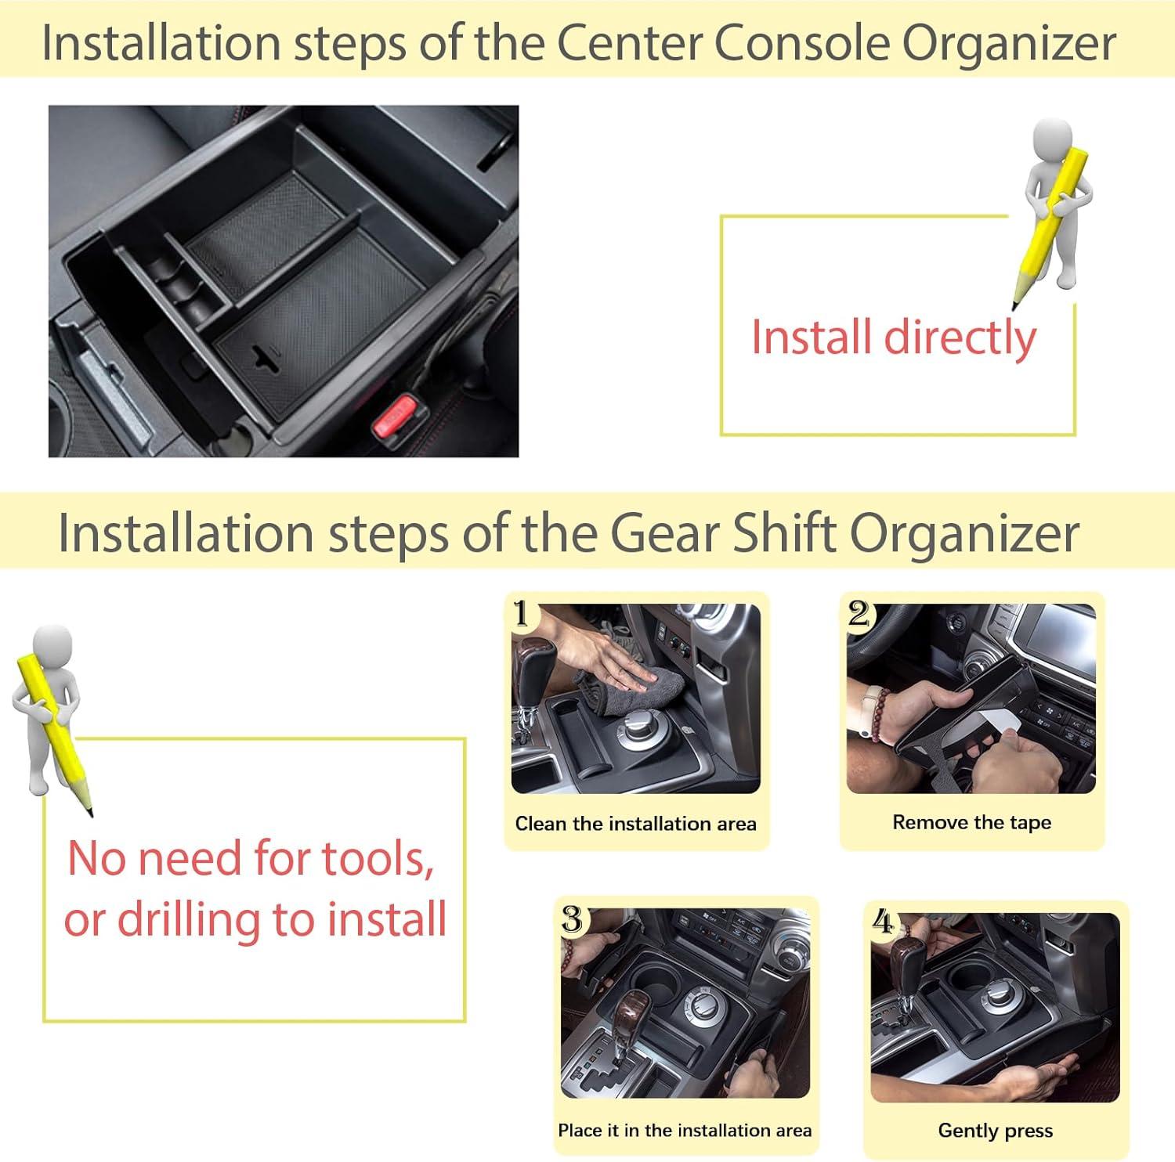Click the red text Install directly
click(894, 337)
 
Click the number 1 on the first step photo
click(522, 614)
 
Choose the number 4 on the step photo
click(883, 922)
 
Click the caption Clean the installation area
click(635, 824)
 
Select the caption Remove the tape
click(971, 823)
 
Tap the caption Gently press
click(995, 1131)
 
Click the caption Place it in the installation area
click(685, 1131)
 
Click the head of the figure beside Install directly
click(1052, 139)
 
